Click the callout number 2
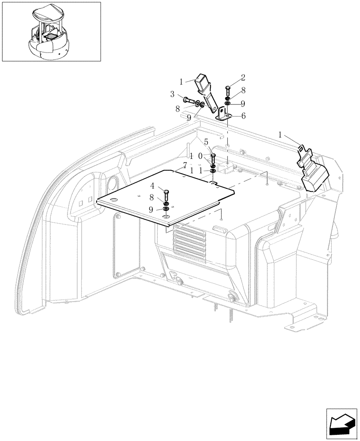pyautogui.click(x=243, y=78)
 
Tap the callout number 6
pyautogui.click(x=243, y=116)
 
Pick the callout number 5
pyautogui.click(x=206, y=142)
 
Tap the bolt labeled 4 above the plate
pyautogui.click(x=166, y=194)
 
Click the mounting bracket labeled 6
pyautogui.click(x=222, y=115)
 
